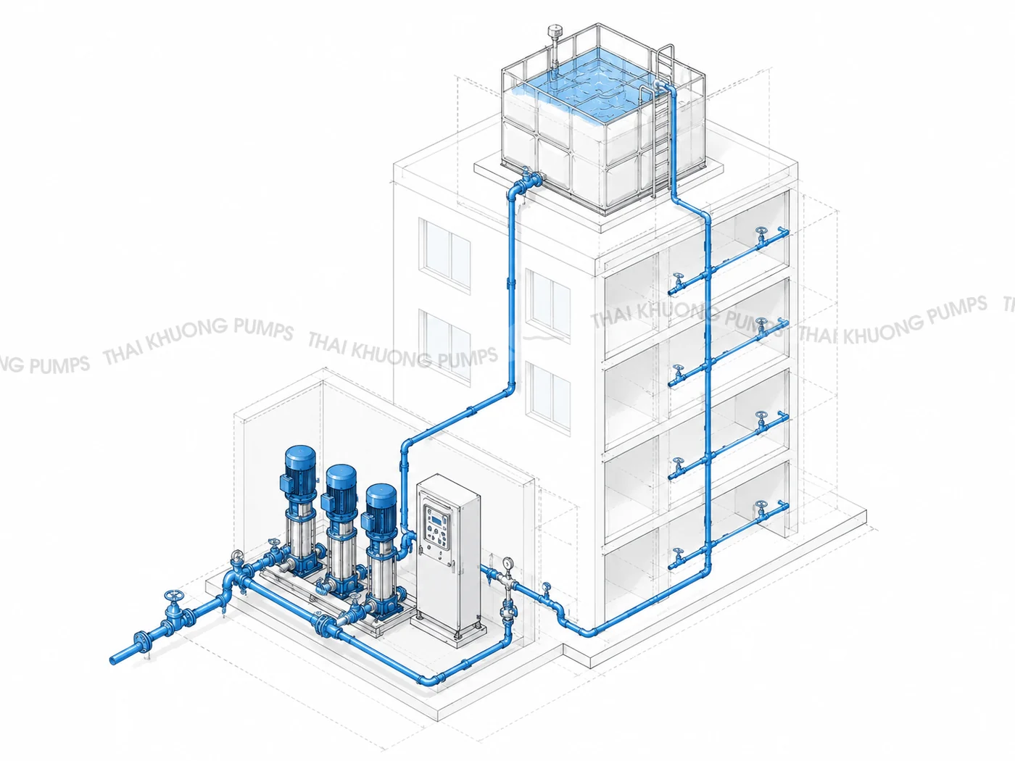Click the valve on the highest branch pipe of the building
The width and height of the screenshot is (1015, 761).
pyautogui.click(x=761, y=235)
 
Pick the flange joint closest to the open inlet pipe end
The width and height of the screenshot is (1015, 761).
pyautogui.click(x=141, y=642)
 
